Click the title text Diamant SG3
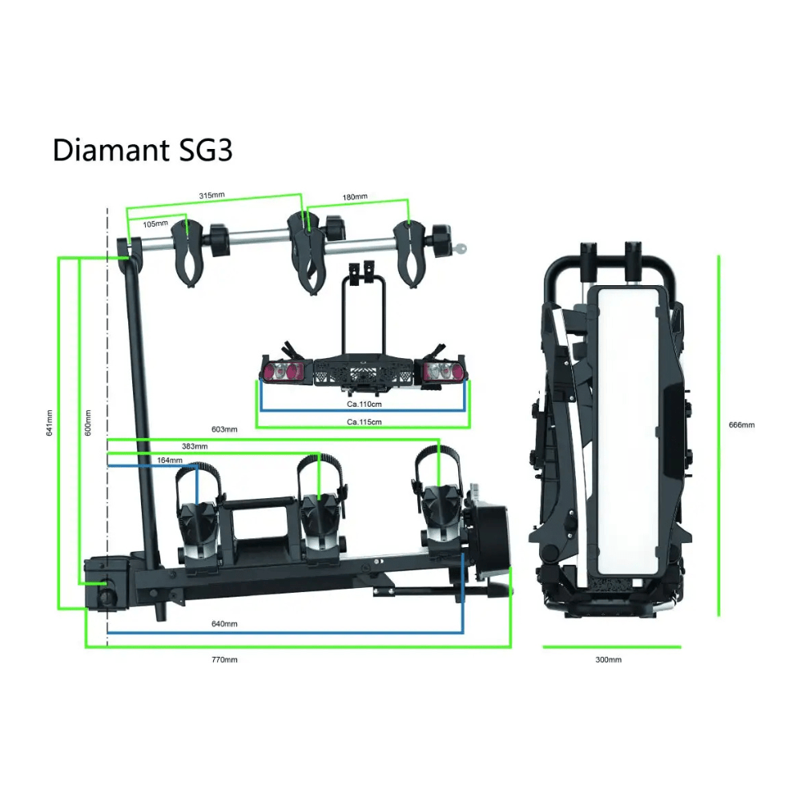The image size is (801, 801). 143,149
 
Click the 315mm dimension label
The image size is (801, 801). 211,195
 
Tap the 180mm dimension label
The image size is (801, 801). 355,197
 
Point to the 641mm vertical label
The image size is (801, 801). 50,423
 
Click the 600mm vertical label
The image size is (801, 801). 87,423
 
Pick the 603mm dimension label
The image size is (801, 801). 225,430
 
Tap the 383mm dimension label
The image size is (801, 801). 195,446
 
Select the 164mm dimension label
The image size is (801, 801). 169,461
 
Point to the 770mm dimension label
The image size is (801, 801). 224,659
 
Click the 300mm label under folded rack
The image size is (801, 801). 609,659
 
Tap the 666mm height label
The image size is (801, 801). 743,424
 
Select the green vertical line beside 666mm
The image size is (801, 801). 718,437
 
